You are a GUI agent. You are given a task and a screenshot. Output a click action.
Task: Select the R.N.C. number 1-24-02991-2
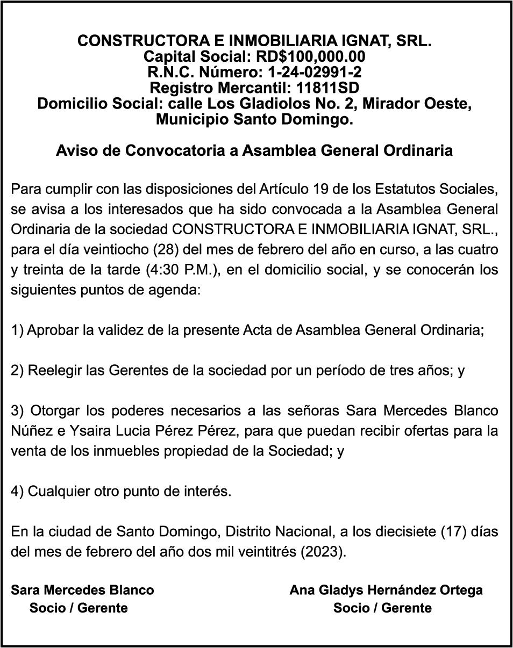pos(315,72)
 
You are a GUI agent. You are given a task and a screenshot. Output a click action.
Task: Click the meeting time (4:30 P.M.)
pos(183,271)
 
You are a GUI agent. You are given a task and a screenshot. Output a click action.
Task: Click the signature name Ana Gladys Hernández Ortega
pos(386,590)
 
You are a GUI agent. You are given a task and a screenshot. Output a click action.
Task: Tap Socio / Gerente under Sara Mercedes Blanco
pos(79,608)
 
